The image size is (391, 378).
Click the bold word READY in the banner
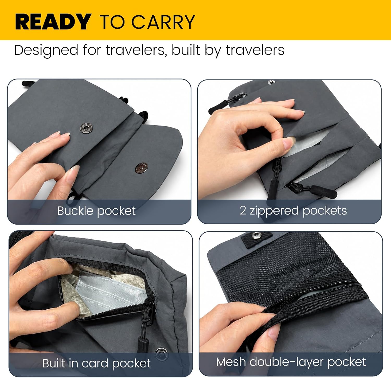coord(53,22)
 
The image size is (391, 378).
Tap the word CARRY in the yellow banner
coord(163,22)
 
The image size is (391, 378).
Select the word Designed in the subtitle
coord(46,50)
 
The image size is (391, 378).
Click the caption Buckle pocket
coord(96,211)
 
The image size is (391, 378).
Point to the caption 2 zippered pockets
coord(293,210)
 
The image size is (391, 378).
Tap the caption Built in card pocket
coord(96,363)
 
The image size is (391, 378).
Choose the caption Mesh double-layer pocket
coord(291,362)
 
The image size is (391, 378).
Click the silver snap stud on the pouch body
coord(86,128)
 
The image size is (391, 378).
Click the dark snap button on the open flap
coord(141,168)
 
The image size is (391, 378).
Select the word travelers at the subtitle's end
coord(255,50)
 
